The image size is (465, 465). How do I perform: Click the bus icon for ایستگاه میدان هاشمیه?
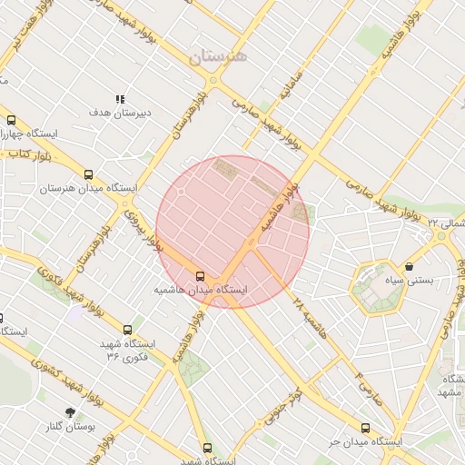click(x=200, y=275)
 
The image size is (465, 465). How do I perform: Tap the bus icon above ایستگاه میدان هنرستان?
click(x=88, y=173)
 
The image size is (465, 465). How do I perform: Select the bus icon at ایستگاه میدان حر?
click(x=365, y=428)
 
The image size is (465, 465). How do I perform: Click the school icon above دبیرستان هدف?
click(x=119, y=99)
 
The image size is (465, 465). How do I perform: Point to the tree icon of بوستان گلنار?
click(x=70, y=412)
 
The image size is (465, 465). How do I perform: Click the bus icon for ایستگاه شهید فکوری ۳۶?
click(x=127, y=330)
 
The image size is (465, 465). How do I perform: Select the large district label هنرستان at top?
click(x=218, y=56)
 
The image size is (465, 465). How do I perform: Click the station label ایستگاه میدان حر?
click(x=364, y=441)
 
